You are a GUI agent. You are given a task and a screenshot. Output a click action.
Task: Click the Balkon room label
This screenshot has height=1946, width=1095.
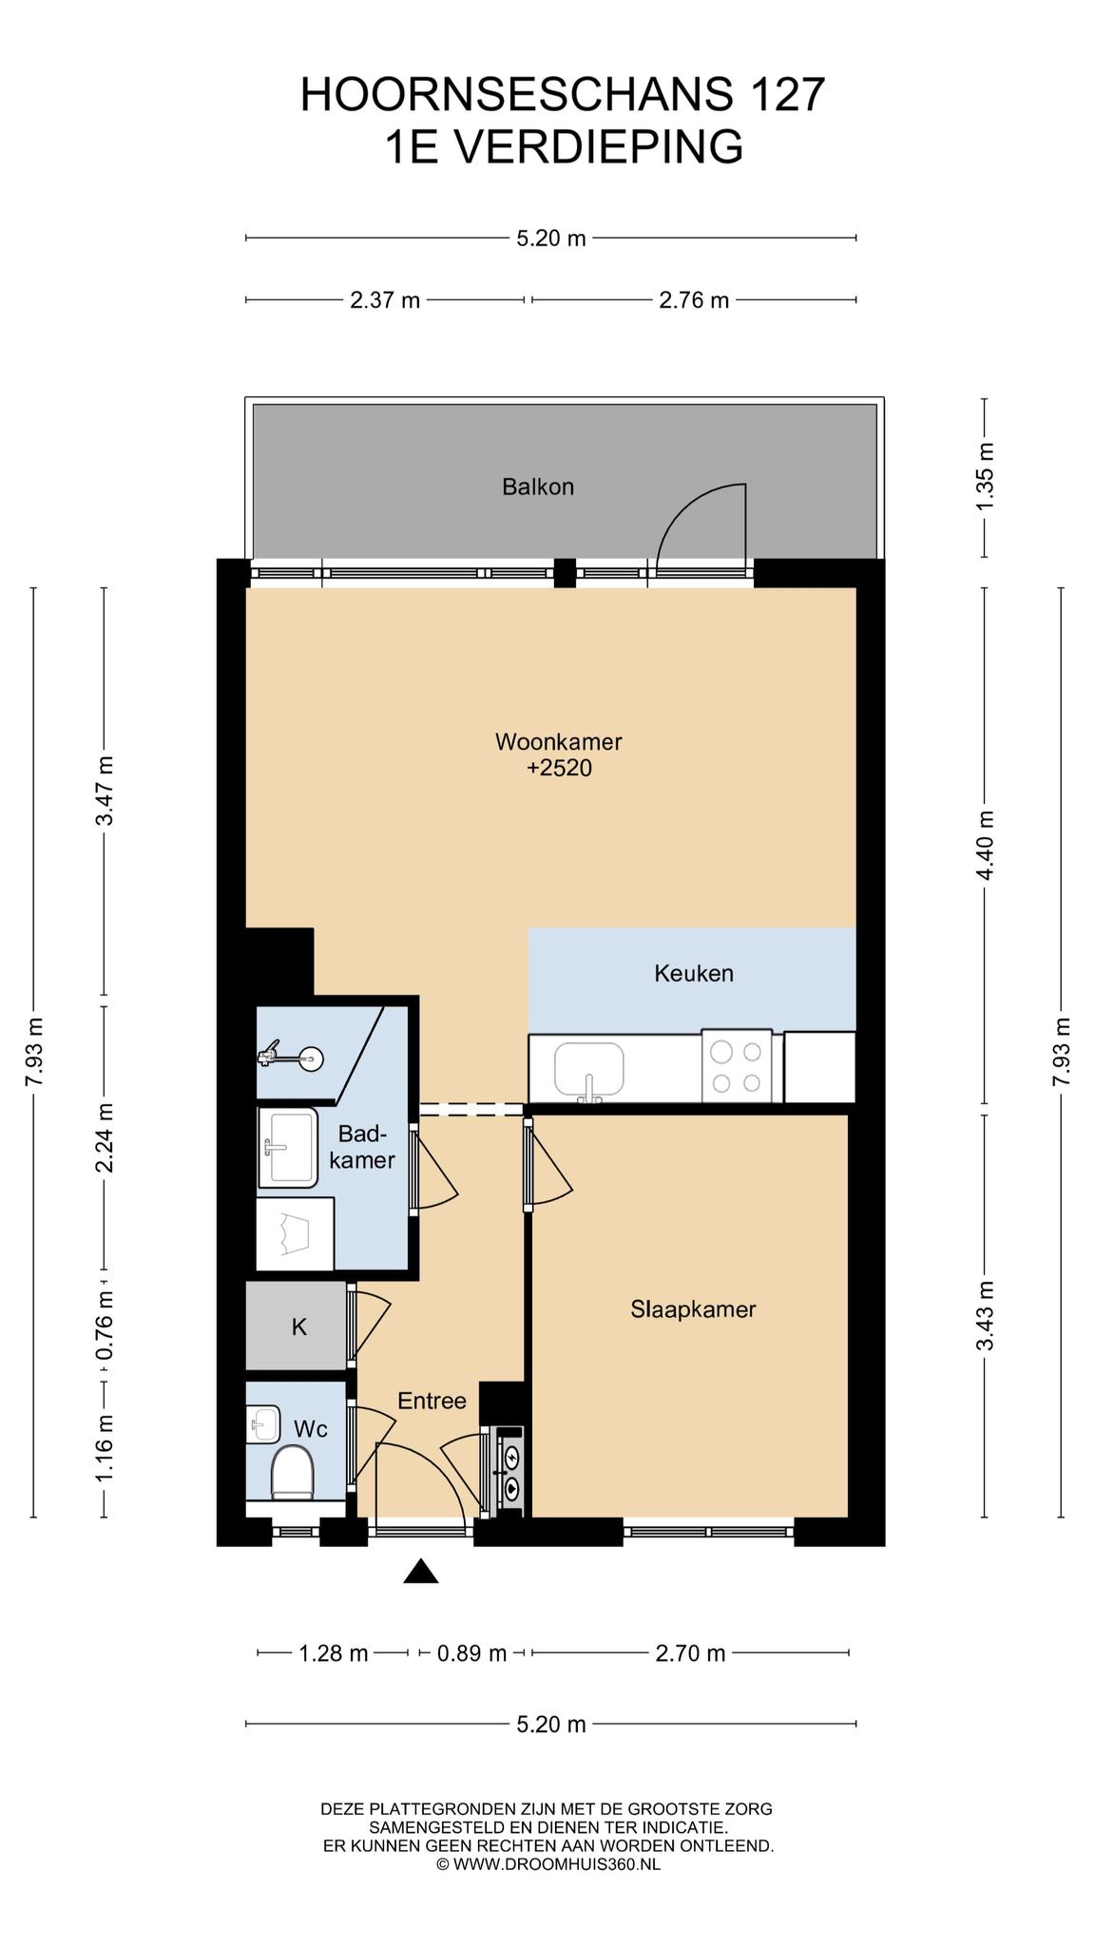pyautogui.click(x=538, y=487)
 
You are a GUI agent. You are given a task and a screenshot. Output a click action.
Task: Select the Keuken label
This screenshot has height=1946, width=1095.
pyautogui.click(x=694, y=973)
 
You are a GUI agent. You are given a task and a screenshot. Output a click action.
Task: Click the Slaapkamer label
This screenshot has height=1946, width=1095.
pyautogui.click(x=693, y=1309)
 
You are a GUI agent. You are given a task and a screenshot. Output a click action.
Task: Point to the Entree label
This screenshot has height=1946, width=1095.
pyautogui.click(x=432, y=1401)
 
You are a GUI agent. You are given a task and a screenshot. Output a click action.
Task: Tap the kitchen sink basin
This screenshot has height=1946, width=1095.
pyautogui.click(x=589, y=1069)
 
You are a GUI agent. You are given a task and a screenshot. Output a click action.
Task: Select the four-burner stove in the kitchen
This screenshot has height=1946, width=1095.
pyautogui.click(x=737, y=1066)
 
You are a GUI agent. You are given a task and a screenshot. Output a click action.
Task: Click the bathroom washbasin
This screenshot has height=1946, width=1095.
pyautogui.click(x=288, y=1147)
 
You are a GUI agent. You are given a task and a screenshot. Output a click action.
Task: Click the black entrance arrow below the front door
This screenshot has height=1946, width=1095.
pyautogui.click(x=421, y=1572)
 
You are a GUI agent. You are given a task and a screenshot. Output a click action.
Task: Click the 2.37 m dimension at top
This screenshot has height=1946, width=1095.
pyautogui.click(x=385, y=300)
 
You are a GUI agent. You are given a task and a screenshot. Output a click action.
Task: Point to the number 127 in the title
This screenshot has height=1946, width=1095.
pyautogui.click(x=787, y=95)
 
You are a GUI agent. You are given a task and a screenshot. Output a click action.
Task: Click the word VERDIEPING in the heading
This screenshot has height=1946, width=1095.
pyautogui.click(x=600, y=147)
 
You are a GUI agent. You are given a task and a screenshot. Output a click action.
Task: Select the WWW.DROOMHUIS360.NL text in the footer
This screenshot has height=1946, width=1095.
pyautogui.click(x=556, y=1864)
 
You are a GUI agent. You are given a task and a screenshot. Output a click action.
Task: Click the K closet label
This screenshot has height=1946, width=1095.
pyautogui.click(x=299, y=1327)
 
